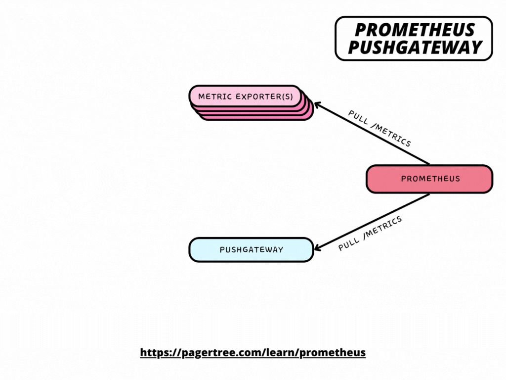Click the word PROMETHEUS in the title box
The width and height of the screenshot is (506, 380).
(x=414, y=30)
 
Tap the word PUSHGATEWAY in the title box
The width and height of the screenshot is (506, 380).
(x=414, y=47)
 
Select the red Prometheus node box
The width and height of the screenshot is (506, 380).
(x=429, y=179)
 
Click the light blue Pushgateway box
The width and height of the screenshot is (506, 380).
(x=251, y=249)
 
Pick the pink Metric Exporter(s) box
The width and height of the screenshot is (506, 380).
(x=245, y=96)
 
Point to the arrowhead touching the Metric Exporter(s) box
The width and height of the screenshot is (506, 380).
(x=318, y=105)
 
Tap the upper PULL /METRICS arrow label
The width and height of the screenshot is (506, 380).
(x=379, y=128)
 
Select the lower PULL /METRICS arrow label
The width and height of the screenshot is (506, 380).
(x=370, y=233)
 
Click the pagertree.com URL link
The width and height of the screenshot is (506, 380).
(x=253, y=353)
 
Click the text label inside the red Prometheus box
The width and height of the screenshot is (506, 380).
(x=430, y=179)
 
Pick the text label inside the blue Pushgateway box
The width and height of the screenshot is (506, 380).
(x=251, y=249)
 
